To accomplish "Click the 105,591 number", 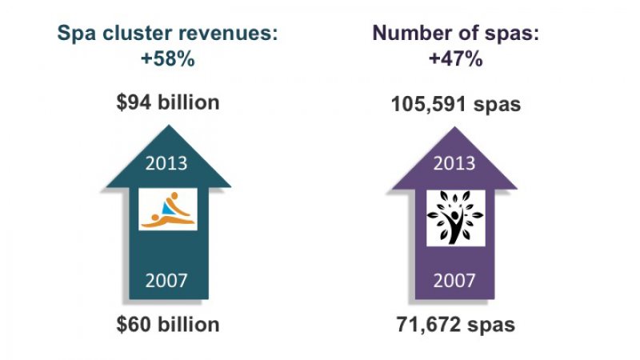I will pos(429,105).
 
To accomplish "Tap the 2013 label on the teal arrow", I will pos(168,164).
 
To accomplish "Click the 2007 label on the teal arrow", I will pos(168,280).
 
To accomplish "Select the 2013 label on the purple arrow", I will pos(453,164).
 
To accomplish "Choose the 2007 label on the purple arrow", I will pos(453,280).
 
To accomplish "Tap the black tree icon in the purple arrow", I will pos(454,217).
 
